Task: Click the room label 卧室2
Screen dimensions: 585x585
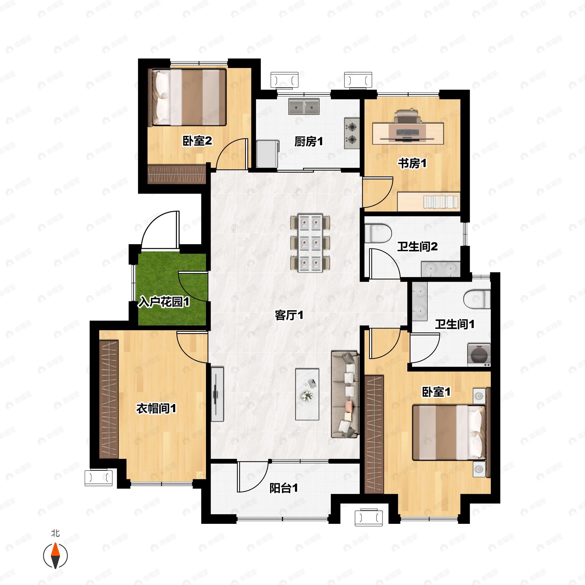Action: coord(197,141)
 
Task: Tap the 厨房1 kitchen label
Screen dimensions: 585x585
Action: coord(309,141)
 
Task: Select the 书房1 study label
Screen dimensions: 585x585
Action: coord(412,163)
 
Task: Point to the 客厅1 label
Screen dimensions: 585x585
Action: coord(289,315)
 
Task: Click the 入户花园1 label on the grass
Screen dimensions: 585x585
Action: coord(164,302)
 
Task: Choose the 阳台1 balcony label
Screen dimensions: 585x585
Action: coord(284,488)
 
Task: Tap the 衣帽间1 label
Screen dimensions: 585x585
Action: coord(156,409)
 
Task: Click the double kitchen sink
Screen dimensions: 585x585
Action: coord(304,107)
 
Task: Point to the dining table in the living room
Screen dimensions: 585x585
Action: coord(310,243)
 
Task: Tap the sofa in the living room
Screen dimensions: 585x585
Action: coord(345,394)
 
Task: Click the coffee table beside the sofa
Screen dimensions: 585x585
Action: coord(307,394)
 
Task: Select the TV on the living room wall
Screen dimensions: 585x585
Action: coord(217,394)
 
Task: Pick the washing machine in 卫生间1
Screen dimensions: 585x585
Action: coord(479,355)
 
